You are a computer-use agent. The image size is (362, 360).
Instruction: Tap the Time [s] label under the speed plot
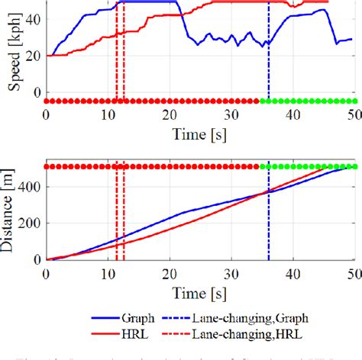(x=200, y=134)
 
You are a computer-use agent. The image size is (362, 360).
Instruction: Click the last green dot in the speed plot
(x=354, y=101)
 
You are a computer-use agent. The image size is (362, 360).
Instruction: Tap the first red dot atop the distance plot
(x=47, y=166)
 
